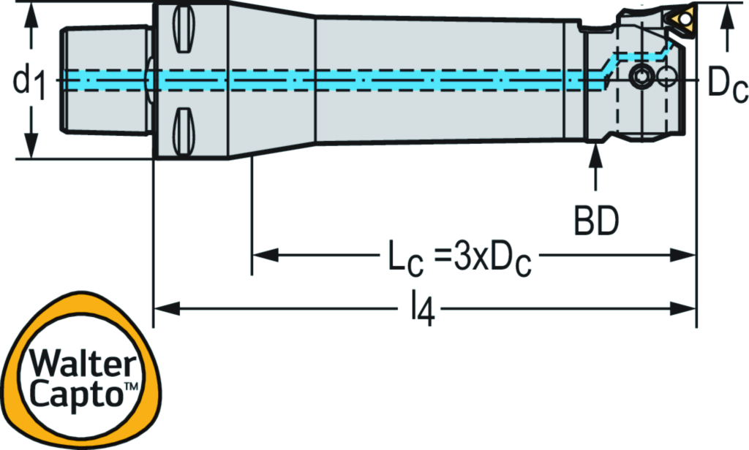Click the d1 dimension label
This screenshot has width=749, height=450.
point(29,82)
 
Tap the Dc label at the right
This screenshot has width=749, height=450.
point(726,85)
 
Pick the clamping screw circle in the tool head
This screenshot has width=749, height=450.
point(641,76)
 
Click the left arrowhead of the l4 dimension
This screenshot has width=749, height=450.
point(162,308)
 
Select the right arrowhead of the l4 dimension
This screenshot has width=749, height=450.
point(685,308)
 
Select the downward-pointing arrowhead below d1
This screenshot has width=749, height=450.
point(30,146)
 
